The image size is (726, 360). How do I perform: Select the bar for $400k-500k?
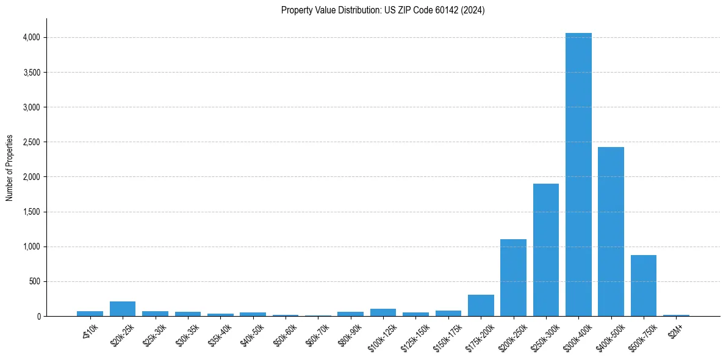tap(611, 232)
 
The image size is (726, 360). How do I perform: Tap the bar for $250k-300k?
tap(546, 250)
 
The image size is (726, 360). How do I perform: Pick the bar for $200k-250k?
tap(513, 278)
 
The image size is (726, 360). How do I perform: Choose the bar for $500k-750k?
tap(643, 286)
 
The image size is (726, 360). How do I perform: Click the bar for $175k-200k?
tap(481, 306)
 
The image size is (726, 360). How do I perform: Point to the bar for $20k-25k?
tap(123, 309)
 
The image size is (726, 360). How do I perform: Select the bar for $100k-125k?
tap(383, 312)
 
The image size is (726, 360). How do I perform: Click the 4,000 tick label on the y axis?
tap(31, 38)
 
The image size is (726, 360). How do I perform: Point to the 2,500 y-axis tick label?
tap(31, 142)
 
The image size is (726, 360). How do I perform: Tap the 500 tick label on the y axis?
tap(34, 282)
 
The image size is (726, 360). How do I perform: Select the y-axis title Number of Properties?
tap(10, 168)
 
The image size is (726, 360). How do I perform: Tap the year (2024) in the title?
tap(473, 10)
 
